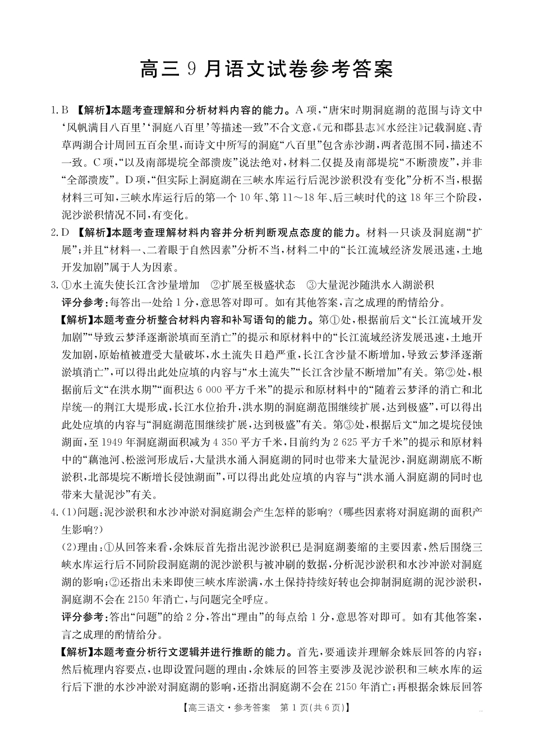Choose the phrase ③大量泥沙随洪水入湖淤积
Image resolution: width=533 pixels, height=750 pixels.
pyautogui.click(x=370, y=285)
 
